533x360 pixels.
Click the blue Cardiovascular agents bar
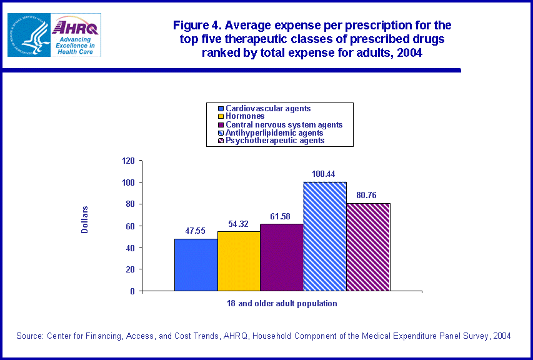(x=196, y=265)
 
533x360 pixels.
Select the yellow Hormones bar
(x=239, y=261)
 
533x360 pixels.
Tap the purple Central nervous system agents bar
(x=282, y=257)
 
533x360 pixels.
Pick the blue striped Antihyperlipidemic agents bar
(x=325, y=236)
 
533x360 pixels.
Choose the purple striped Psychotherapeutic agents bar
(x=368, y=247)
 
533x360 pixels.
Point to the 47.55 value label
(x=196, y=230)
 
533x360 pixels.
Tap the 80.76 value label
(x=368, y=194)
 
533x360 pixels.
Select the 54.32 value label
(x=239, y=223)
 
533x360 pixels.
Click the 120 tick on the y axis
(x=128, y=161)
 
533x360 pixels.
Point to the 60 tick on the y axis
(x=130, y=226)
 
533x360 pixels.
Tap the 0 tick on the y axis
(x=132, y=291)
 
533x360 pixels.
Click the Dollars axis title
(x=84, y=219)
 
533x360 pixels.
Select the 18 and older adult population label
(x=282, y=304)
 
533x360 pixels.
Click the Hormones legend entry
(x=245, y=116)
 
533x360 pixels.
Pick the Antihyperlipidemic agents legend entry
(x=274, y=132)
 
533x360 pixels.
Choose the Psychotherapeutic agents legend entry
(x=275, y=141)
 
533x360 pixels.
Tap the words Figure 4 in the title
(x=197, y=26)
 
